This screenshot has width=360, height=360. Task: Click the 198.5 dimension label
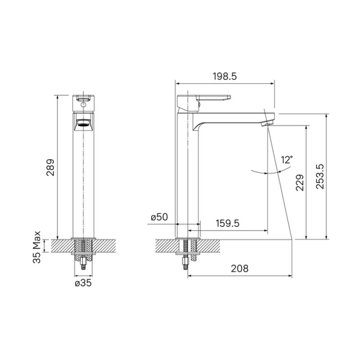click(x=224, y=76)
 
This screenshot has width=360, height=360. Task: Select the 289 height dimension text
click(x=51, y=167)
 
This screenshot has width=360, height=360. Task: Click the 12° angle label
click(x=287, y=159)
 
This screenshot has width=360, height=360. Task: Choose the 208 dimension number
click(x=239, y=268)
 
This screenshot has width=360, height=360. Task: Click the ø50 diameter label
click(x=159, y=217)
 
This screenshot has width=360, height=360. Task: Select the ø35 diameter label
click(x=83, y=283)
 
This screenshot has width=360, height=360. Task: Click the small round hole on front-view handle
click(x=83, y=104)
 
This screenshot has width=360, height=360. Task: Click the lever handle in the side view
click(x=211, y=98)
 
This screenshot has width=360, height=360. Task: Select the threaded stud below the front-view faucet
click(x=83, y=265)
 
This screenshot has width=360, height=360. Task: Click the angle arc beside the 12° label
click(x=265, y=172)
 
